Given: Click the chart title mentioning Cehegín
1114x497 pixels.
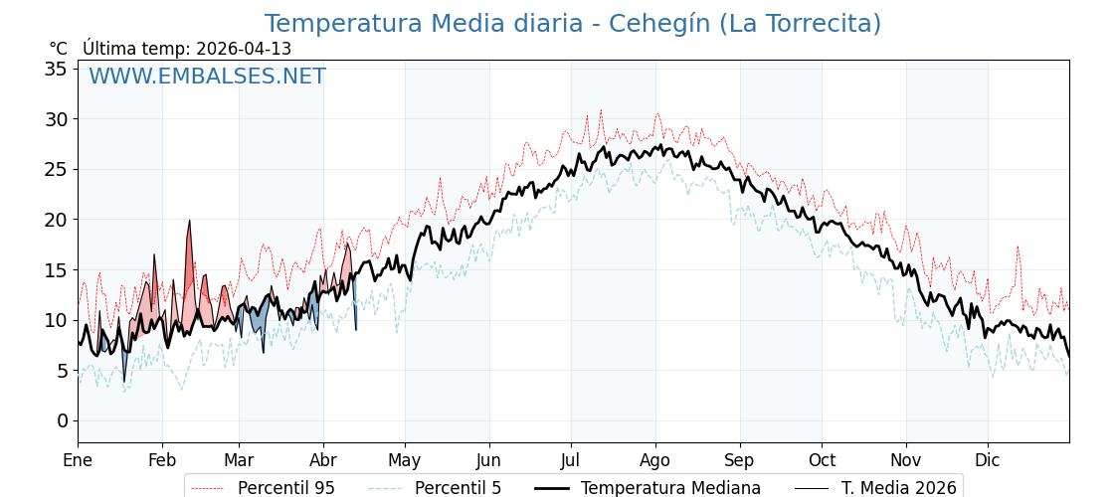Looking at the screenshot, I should (x=572, y=24).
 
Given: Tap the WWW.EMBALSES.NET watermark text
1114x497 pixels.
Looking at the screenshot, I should (x=207, y=77).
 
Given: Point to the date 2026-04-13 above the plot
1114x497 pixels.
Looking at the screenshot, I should (x=244, y=49).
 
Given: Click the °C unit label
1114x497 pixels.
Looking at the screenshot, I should (x=58, y=49).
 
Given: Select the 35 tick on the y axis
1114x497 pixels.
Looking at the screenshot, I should (x=56, y=69).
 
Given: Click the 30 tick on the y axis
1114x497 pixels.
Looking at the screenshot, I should (x=56, y=119).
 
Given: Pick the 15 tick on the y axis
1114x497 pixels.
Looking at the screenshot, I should (x=56, y=269).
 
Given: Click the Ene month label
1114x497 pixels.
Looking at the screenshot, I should (x=78, y=460).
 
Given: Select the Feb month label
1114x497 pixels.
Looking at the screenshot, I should (x=162, y=460).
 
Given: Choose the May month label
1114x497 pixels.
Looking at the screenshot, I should (x=405, y=460).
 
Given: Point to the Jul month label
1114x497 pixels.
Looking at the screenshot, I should (x=571, y=460).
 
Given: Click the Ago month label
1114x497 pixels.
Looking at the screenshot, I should (x=655, y=460).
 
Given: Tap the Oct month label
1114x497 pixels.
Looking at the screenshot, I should (x=822, y=460).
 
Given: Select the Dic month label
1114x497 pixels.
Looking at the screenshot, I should (x=988, y=460).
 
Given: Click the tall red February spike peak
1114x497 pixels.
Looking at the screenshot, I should (x=189, y=222).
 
